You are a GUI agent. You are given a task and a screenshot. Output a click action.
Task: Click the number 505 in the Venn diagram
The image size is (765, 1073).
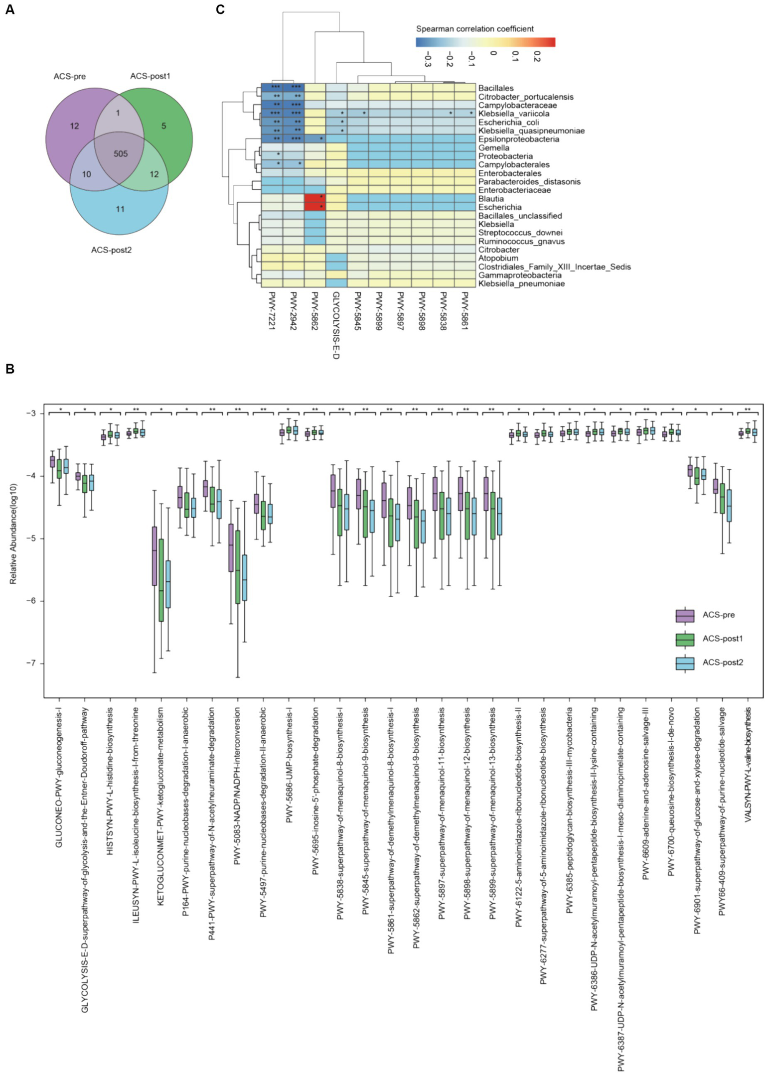pos(121,154)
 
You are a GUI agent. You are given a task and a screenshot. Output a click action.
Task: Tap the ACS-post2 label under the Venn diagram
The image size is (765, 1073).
pos(111,250)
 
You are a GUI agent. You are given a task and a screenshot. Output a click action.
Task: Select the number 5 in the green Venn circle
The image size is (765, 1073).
pos(163,126)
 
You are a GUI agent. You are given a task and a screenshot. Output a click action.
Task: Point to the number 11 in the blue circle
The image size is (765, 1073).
pos(120,209)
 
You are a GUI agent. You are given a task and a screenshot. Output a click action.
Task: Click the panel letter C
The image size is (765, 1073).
pos(220,9)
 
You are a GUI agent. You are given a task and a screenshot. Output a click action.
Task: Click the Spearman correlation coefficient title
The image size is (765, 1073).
pos(474,29)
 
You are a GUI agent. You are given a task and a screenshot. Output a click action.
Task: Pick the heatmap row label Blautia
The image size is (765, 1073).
pos(491,199)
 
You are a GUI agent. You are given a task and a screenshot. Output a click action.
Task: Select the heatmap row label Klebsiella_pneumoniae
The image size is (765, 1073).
pos(521,284)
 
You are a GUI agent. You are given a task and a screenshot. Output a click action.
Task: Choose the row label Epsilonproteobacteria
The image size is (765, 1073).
pos(518,139)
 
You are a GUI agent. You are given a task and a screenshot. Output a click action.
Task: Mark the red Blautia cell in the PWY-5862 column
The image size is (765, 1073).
pos(314,198)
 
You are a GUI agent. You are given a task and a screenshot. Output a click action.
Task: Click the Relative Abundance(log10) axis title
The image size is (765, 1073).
pos(13,534)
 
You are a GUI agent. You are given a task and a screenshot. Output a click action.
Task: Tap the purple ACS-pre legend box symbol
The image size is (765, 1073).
pos(685,616)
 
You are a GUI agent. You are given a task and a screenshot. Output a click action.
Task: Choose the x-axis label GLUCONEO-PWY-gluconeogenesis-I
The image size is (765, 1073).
pos(59,778)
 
